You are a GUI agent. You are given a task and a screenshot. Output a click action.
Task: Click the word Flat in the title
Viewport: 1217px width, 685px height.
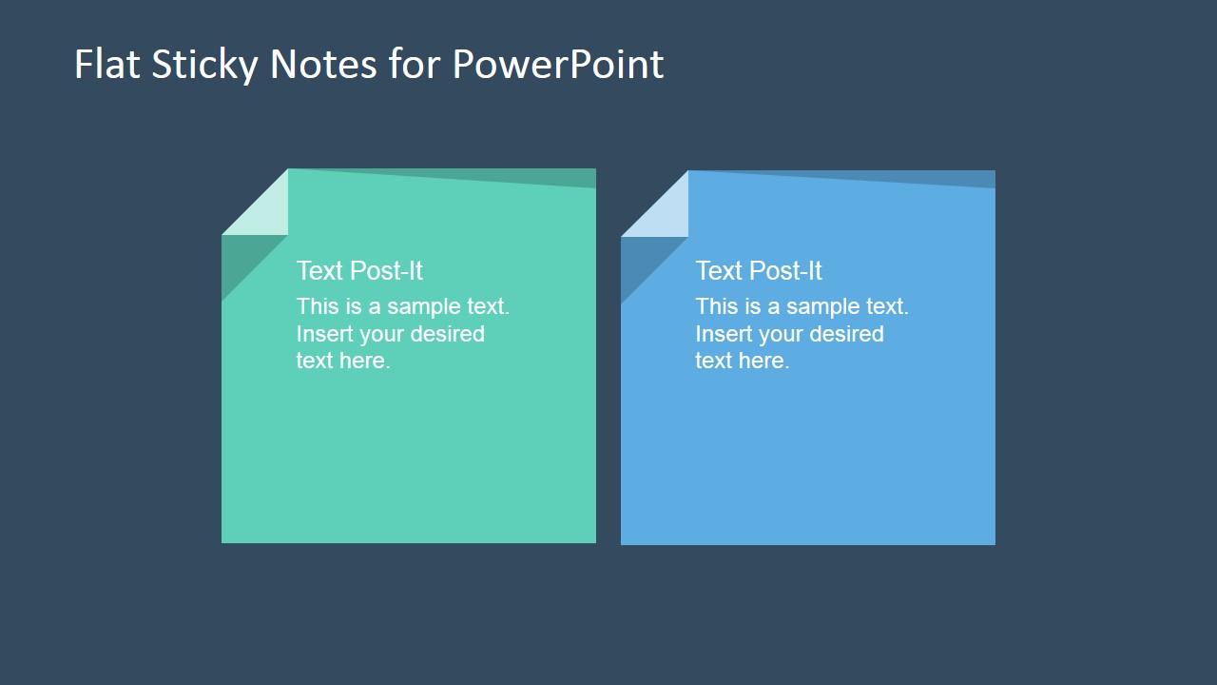pyautogui.click(x=101, y=64)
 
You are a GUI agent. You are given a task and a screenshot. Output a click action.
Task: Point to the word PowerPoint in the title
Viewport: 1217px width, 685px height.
pyautogui.click(x=557, y=64)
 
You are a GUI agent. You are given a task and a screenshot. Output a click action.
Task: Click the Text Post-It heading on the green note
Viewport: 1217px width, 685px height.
pyautogui.click(x=359, y=271)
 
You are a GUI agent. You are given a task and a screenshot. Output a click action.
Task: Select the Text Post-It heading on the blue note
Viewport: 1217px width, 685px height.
pyautogui.click(x=759, y=271)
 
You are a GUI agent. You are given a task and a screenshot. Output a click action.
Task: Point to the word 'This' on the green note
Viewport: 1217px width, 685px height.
pyautogui.click(x=318, y=306)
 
